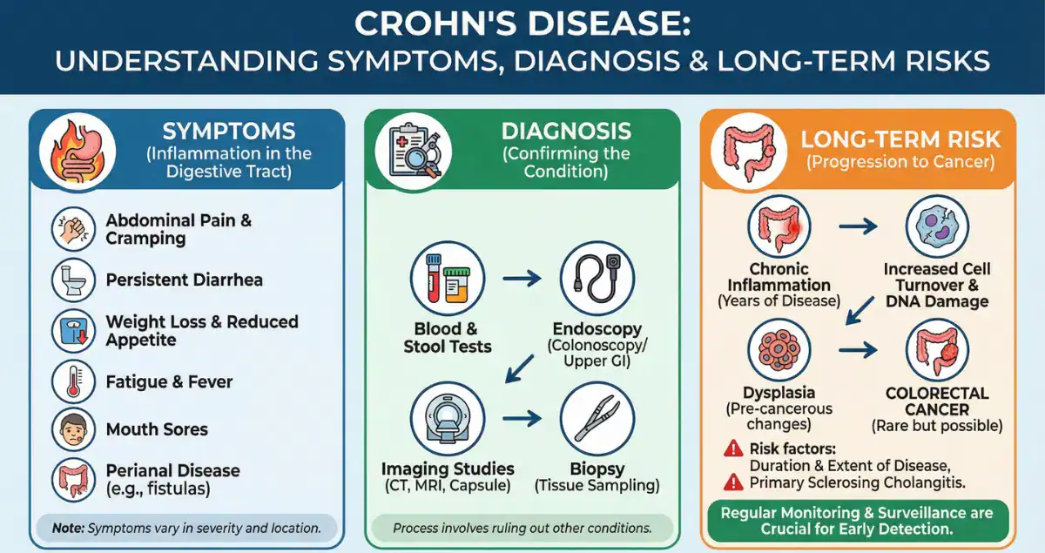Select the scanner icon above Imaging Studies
pos(447,415)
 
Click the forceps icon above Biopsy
pos(596,415)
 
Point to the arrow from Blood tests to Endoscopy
pos(522,280)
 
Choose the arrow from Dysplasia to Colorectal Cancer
pos(858,349)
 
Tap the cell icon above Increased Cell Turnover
pos(937,226)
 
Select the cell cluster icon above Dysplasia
pos(779,349)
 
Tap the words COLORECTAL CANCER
pos(937,401)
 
